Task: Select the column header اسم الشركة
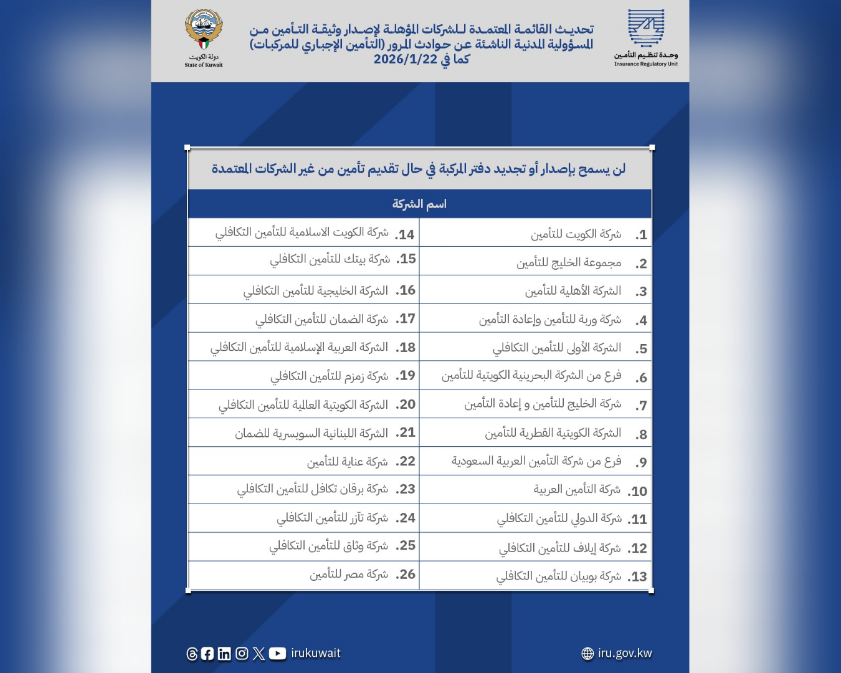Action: tap(419, 204)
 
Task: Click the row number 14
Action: tap(405, 235)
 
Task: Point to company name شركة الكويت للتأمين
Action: tap(576, 234)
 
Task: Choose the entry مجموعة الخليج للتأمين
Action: tap(569, 263)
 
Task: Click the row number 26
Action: tap(406, 575)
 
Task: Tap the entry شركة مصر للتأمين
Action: tap(349, 575)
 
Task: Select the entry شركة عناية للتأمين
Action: tap(347, 462)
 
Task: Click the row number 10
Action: tap(638, 492)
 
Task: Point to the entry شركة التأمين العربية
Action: tap(577, 490)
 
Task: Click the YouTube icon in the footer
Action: tap(277, 653)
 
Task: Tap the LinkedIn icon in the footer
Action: tap(224, 653)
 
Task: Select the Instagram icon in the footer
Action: tap(242, 653)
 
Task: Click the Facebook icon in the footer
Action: tap(207, 653)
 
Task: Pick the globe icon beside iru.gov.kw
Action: tap(587, 653)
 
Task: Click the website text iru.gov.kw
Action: tap(625, 653)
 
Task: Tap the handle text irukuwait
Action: tap(316, 653)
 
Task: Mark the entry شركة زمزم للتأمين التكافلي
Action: tap(329, 376)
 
